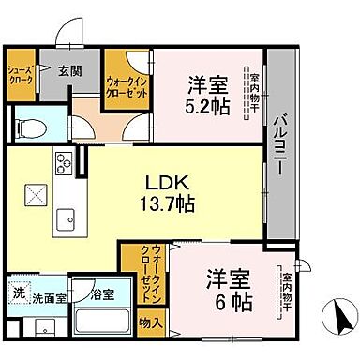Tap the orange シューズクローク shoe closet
tap(21, 74)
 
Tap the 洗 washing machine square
tap(19, 293)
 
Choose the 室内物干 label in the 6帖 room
tap(287, 292)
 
